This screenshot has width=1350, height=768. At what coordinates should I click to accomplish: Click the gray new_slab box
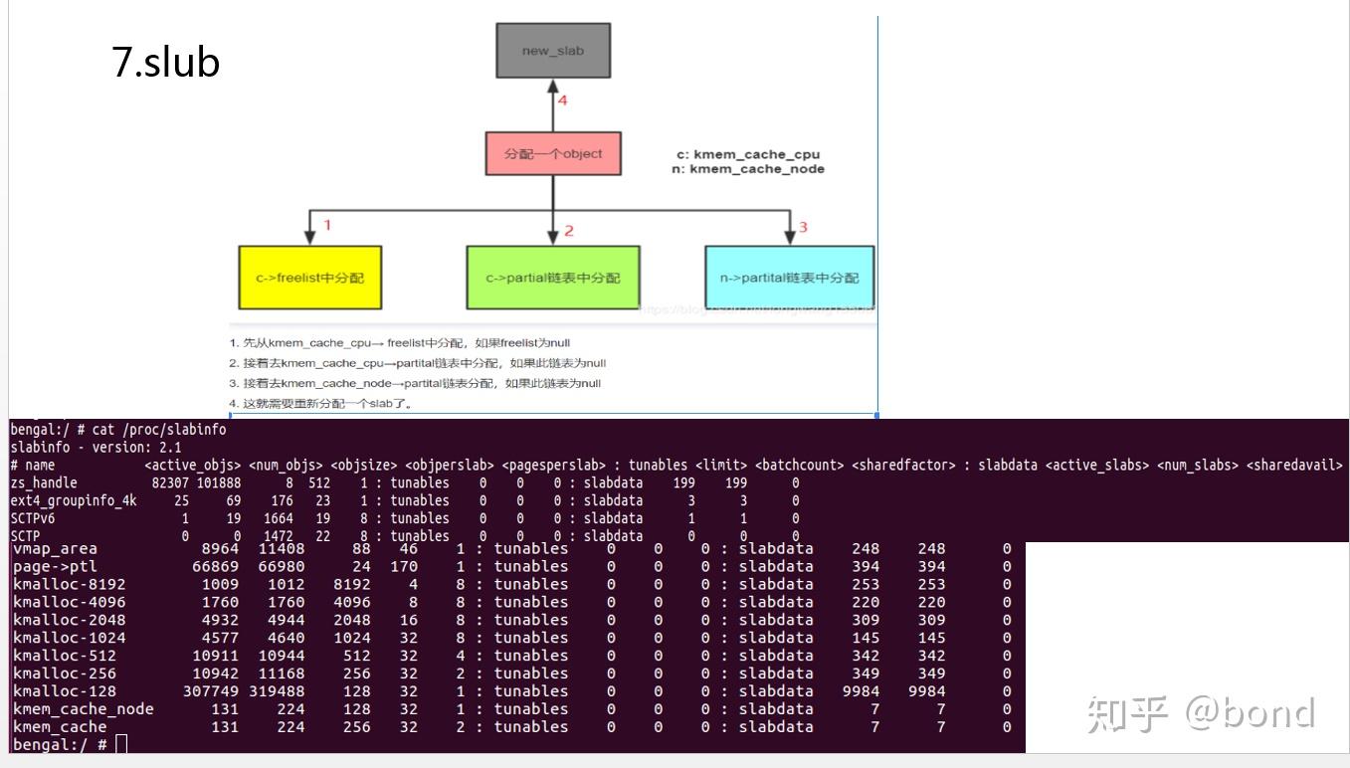pos(553,51)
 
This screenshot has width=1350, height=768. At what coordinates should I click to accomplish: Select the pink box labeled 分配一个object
pos(553,154)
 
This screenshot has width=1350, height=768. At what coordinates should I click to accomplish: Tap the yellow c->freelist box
pos(309,278)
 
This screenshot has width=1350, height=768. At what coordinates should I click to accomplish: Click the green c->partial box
pos(553,278)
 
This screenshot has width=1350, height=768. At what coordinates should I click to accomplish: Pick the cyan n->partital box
pos(789,278)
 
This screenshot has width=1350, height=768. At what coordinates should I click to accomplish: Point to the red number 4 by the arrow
pos(562,100)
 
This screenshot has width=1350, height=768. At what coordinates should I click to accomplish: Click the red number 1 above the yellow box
pos(327,226)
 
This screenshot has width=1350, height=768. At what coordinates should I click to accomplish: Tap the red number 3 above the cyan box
pos(803,227)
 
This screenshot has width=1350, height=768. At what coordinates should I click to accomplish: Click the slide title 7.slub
pos(165,63)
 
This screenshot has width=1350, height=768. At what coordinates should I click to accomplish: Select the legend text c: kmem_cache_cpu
pos(747,154)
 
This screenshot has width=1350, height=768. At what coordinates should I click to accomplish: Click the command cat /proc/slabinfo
pos(159,430)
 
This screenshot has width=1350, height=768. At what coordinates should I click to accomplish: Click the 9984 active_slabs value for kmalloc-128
pos(861,691)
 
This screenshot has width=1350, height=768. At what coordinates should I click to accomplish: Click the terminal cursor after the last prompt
pos(121,744)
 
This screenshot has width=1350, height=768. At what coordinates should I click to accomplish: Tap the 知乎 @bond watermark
pos(1201,713)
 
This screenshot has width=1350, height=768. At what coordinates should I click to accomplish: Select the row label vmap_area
pos(55,548)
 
